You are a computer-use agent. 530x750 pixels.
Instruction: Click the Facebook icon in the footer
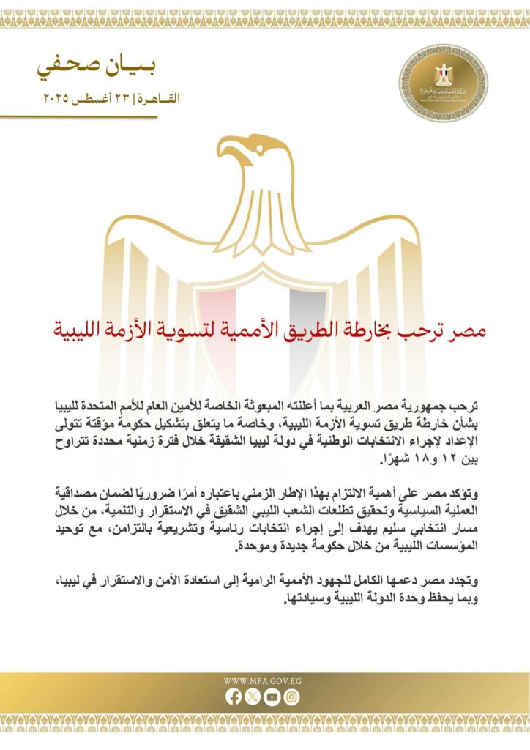tap(234, 698)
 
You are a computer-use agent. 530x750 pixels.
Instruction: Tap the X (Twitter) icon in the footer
tap(253, 698)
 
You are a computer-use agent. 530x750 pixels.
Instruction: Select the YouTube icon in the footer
tap(272, 698)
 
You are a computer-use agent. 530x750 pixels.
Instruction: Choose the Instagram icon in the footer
tap(291, 698)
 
